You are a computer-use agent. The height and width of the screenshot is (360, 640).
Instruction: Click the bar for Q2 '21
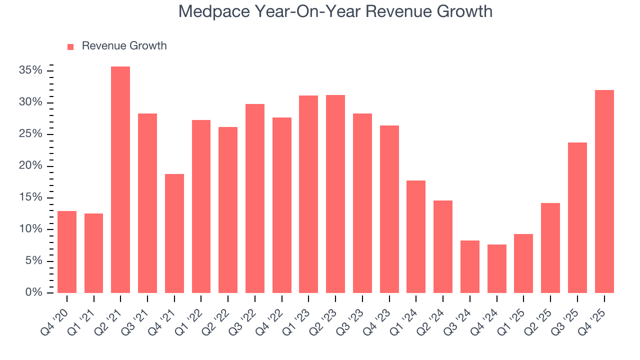pos(120,180)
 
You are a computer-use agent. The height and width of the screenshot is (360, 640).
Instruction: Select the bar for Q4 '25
pos(604,191)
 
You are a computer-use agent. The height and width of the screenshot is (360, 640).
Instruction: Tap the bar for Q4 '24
pos(497,268)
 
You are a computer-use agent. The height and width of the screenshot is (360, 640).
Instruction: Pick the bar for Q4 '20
pos(67,252)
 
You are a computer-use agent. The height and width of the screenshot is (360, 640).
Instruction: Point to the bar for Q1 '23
pos(308,194)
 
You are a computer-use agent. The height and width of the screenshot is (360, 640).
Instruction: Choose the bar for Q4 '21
pos(174,233)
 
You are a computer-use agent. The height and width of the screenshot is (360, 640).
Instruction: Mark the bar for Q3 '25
pos(577,217)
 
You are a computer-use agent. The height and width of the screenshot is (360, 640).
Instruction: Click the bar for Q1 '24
pos(416,236)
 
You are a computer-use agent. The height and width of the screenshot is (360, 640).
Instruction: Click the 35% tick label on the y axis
pos(30,70)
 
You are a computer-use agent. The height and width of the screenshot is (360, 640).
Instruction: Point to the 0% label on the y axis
pos(33,292)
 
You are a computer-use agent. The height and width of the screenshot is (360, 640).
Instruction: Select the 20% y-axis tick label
pos(30,166)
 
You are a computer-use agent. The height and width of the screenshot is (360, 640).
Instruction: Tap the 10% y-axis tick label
pos(30,229)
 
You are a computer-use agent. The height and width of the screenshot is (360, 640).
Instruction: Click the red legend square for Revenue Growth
pos(70,46)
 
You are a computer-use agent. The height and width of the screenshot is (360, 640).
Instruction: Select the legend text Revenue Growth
pos(124,46)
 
